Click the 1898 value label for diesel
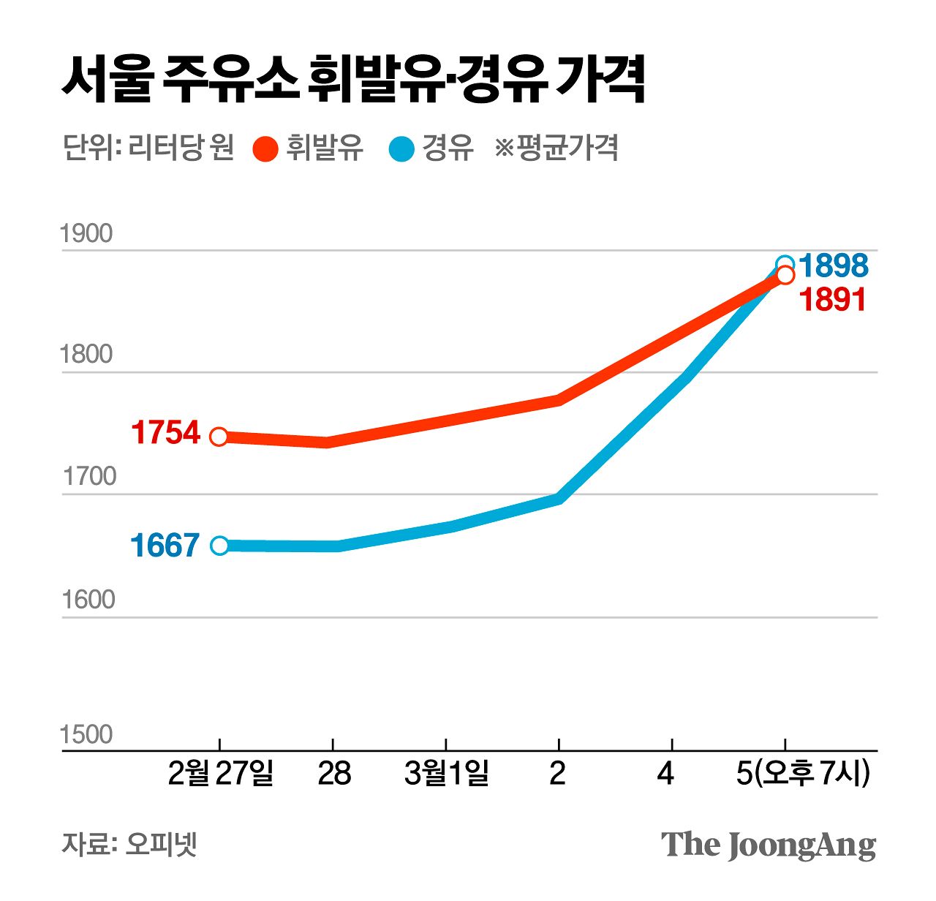pyautogui.click(x=834, y=265)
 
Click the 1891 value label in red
pyautogui.click(x=834, y=300)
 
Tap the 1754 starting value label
pyautogui.click(x=165, y=432)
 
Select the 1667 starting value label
pyautogui.click(x=165, y=546)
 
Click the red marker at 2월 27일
pyautogui.click(x=219, y=437)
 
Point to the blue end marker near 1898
pyautogui.click(x=785, y=264)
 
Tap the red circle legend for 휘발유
pyautogui.click(x=265, y=148)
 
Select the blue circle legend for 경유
pyautogui.click(x=401, y=148)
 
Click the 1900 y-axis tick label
pyautogui.click(x=86, y=234)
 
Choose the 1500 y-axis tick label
pyautogui.click(x=86, y=734)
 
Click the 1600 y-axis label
pyautogui.click(x=88, y=600)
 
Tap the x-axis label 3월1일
pyautogui.click(x=446, y=773)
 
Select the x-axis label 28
pyautogui.click(x=334, y=773)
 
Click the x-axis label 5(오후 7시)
pyautogui.click(x=803, y=773)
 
